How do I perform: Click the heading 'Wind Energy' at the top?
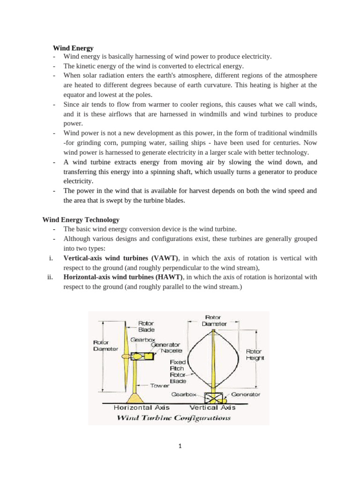(x=73, y=48)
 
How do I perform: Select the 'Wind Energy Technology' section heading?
(x=81, y=219)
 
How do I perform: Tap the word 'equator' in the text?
(x=75, y=95)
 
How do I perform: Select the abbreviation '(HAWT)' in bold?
(x=170, y=277)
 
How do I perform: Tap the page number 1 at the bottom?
(x=180, y=447)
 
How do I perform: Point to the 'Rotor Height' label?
(x=255, y=354)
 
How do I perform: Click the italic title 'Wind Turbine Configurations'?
(x=173, y=417)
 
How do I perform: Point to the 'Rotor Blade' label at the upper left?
(x=146, y=326)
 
